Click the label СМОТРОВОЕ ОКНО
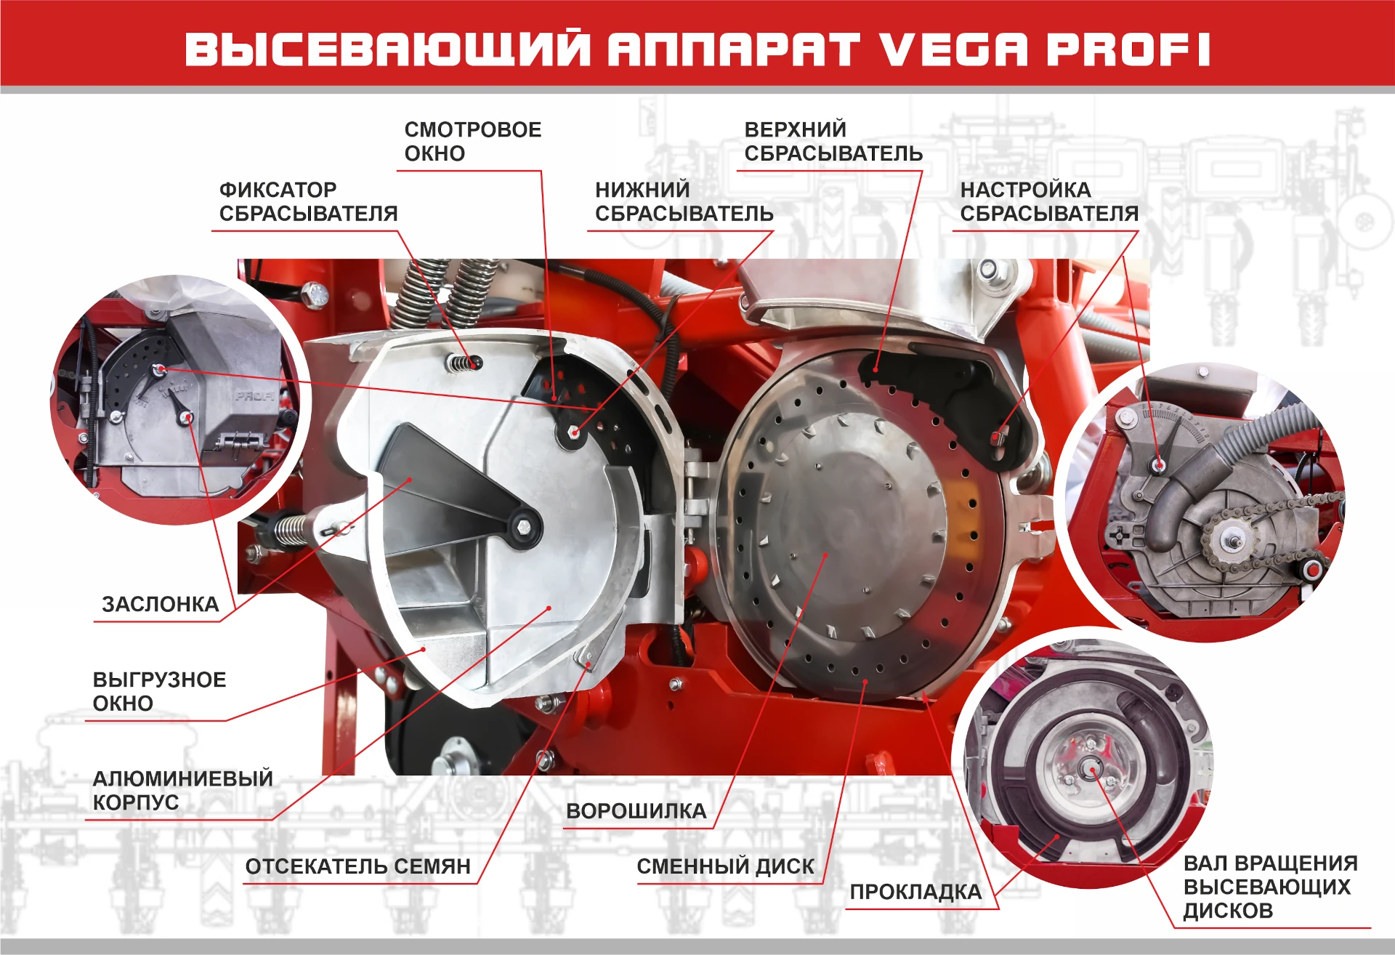coord(472,141)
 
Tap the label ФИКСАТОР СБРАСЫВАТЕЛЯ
coord(308,201)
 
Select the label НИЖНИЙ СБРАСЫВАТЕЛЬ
coord(684,201)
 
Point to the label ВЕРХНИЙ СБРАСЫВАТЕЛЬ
coord(833,141)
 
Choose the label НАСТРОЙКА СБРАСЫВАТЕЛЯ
coord(1049,201)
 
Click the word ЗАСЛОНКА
coord(160,604)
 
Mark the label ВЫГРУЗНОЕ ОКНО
coord(159,691)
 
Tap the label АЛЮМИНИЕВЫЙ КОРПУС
coord(182,790)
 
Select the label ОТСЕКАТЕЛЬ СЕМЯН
coord(357,866)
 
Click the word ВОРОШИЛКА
coord(636,811)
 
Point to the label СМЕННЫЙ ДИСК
coord(725,866)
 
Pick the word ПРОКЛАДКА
coord(915,892)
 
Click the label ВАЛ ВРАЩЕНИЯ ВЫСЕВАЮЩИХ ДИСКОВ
coord(1270,887)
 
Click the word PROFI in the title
coord(1128,49)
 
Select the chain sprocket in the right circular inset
coord(1229,541)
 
